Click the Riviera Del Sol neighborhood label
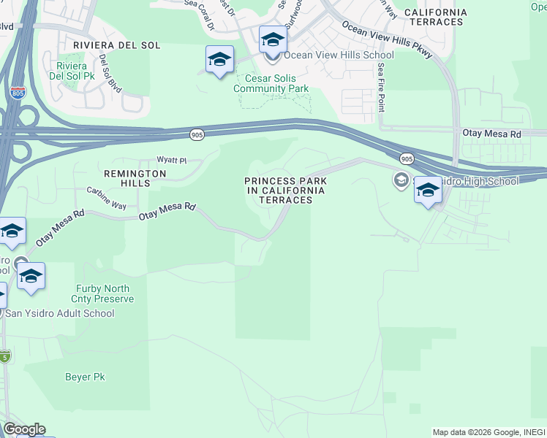tap(117, 45)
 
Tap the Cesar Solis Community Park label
tap(271, 84)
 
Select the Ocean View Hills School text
tap(339, 55)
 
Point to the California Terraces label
tap(435, 18)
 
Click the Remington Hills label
tap(135, 174)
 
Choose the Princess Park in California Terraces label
tap(285, 191)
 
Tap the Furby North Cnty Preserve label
tap(102, 293)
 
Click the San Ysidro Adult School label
tap(60, 314)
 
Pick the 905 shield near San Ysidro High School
tap(407, 158)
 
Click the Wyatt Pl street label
tap(172, 160)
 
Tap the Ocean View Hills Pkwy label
tap(388, 41)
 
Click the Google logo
tap(24, 429)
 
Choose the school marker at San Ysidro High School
tap(428, 191)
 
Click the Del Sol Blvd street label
tap(110, 73)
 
